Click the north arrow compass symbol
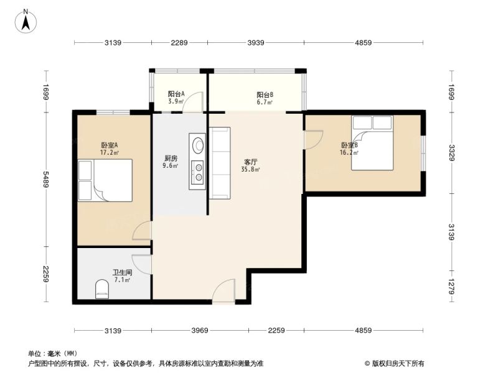26,21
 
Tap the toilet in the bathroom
102,289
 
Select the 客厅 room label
251,162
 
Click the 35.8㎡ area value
251,169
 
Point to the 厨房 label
171,158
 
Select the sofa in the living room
220,163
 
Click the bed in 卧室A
105,180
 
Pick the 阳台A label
176,94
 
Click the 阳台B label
265,95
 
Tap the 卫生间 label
122,272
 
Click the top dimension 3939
256,42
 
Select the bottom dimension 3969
200,331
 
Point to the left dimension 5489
46,180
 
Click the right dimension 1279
451,286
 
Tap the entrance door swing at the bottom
224,291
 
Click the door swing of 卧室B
313,139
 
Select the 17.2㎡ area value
110,153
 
